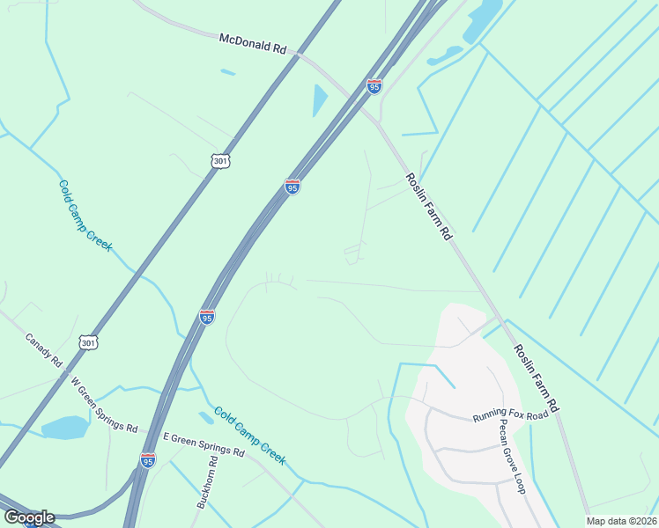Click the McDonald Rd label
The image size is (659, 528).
pos(253,43)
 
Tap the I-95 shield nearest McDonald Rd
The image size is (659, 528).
pos(374,86)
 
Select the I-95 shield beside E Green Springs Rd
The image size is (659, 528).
pos(148,460)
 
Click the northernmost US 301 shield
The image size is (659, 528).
pos(219,161)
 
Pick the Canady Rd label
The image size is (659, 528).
pos(42,350)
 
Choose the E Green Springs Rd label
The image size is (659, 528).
pos(204,443)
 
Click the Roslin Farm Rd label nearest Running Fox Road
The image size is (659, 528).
pos(537,378)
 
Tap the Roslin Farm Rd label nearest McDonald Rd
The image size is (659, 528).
pos(428,207)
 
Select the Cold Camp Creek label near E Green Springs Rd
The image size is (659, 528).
pos(250,436)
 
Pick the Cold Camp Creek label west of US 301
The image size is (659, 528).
pos(85,215)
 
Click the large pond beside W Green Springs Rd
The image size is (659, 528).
pos(63,428)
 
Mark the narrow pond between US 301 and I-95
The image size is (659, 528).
pos(319,100)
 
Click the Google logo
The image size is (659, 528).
pos(28,517)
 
